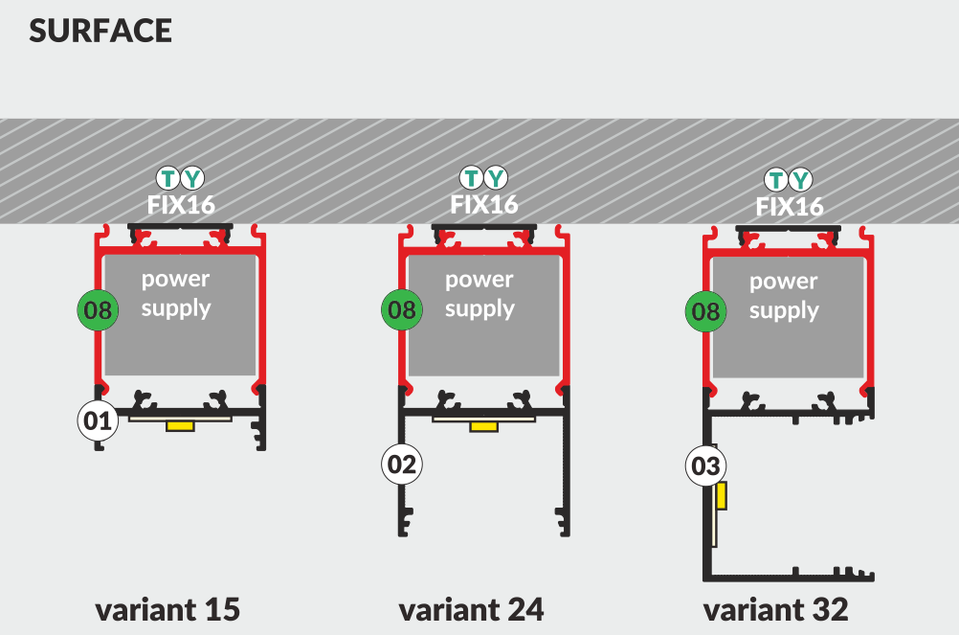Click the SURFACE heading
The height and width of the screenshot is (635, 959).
[100, 31]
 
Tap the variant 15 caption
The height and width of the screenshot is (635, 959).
[167, 609]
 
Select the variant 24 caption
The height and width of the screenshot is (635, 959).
[471, 609]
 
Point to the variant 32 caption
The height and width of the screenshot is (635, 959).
[775, 609]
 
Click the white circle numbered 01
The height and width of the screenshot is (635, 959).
[98, 420]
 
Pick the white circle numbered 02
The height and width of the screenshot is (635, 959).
[402, 465]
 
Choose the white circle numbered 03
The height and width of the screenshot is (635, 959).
[705, 466]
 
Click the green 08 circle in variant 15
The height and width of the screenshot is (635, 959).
[98, 309]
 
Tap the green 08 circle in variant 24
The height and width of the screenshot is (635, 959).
[402, 309]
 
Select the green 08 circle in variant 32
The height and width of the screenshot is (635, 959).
[705, 311]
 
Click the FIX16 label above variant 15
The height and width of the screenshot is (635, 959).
[180, 204]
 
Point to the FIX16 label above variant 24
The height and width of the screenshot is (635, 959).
[484, 204]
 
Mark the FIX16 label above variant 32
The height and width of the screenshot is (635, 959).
[790, 207]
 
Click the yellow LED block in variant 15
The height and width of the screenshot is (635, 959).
[180, 425]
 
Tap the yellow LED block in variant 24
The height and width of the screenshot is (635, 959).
[483, 425]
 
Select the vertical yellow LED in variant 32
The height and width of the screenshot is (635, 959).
[722, 496]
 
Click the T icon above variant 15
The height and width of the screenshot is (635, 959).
[168, 177]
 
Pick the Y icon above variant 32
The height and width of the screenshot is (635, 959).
[801, 179]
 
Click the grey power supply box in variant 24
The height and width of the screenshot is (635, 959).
[483, 316]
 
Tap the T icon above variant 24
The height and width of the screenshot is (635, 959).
[472, 177]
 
